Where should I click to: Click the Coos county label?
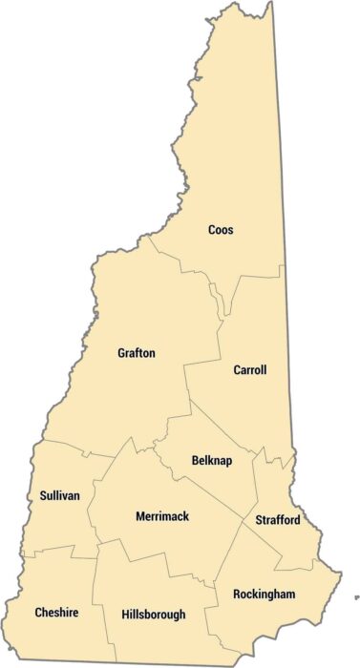[x=221, y=230]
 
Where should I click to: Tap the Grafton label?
[x=136, y=353]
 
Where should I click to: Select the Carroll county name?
[x=249, y=370]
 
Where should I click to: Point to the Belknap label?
[x=210, y=459]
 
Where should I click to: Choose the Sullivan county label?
[x=59, y=495]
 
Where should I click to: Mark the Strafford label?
[x=278, y=520]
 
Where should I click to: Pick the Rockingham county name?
[x=264, y=595]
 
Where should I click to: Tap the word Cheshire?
[x=56, y=612]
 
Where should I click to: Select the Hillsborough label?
[x=154, y=615]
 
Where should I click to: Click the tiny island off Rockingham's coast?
[x=356, y=597]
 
